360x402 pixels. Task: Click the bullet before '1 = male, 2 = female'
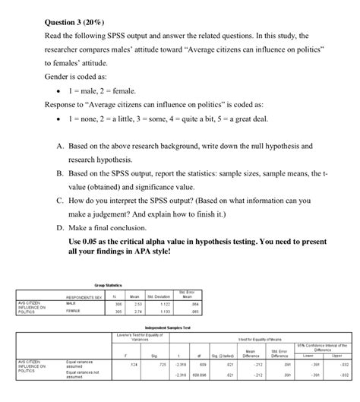click(59, 90)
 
